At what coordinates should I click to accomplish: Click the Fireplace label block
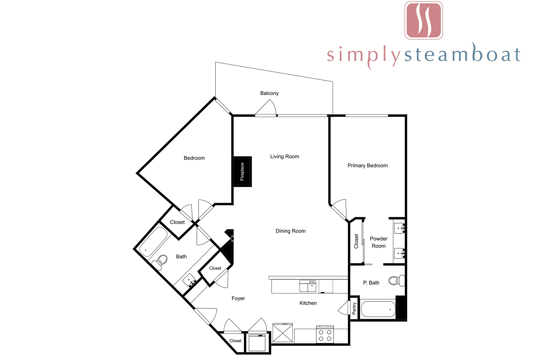pyautogui.click(x=242, y=172)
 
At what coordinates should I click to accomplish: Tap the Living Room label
pyautogui.click(x=284, y=156)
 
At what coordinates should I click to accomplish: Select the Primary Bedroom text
pyautogui.click(x=368, y=165)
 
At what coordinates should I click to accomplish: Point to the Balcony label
pyautogui.click(x=269, y=93)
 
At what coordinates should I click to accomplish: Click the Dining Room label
pyautogui.click(x=291, y=231)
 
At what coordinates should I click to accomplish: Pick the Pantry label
pyautogui.click(x=354, y=309)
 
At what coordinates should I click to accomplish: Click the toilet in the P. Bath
pyautogui.click(x=397, y=280)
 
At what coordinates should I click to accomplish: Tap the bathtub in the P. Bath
pyautogui.click(x=378, y=309)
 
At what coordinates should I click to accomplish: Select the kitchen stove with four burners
pyautogui.click(x=325, y=334)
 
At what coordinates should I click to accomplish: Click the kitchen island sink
pyautogui.click(x=308, y=286)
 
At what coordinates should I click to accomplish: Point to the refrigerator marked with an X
pyautogui.click(x=283, y=333)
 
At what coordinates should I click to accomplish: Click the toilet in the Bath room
pyautogui.click(x=159, y=262)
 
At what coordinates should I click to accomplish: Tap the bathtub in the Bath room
pyautogui.click(x=153, y=242)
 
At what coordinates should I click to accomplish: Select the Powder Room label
pyautogui.click(x=379, y=242)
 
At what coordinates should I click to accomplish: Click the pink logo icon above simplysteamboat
pyautogui.click(x=424, y=20)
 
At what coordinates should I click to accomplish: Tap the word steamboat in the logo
pyautogui.click(x=462, y=54)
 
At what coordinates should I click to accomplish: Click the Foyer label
pyautogui.click(x=238, y=298)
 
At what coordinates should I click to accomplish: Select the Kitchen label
pyautogui.click(x=308, y=303)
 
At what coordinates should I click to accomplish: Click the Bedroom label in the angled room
pyautogui.click(x=194, y=158)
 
